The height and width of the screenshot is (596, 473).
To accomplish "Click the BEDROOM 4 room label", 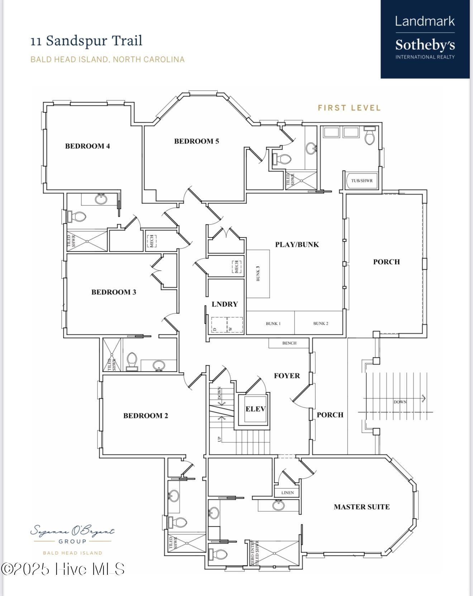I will tap(87, 146).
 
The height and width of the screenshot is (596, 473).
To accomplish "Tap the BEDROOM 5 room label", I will tap(196, 141).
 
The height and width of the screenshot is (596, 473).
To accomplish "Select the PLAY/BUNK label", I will tap(297, 245).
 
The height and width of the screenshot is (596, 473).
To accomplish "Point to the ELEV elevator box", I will tap(255, 409).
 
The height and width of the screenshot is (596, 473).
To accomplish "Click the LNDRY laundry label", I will tap(225, 304).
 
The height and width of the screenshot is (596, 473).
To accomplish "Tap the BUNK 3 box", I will tap(258, 273).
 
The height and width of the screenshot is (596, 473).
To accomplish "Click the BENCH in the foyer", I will tap(289, 343).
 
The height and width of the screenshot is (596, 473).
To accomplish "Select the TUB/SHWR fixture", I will tap(362, 180).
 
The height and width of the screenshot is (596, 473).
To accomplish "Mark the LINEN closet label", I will tap(287, 493).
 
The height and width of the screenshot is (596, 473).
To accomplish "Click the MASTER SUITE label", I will tap(362, 507).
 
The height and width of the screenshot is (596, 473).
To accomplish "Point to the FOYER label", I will tap(287, 376).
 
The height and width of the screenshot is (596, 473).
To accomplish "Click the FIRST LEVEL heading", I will tap(349, 108).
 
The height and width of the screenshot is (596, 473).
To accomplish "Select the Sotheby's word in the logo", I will tap(425, 45).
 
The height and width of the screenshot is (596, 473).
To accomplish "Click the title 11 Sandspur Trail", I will tap(86, 41).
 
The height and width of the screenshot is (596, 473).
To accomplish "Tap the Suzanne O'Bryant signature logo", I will tap(72, 531).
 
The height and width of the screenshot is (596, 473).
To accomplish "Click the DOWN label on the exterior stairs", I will tap(400, 402).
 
